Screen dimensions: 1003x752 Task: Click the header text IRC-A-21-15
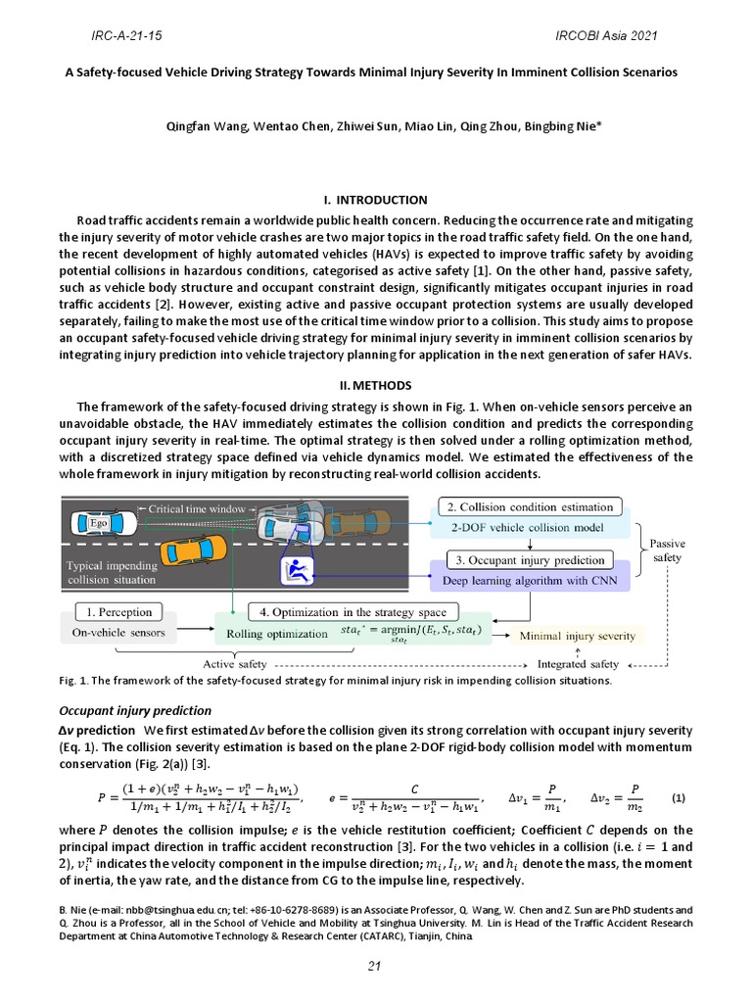[x=126, y=36]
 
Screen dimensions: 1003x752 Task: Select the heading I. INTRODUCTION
[x=376, y=200]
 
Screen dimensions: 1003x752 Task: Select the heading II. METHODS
[x=376, y=385]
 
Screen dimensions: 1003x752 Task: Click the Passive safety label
[x=668, y=549]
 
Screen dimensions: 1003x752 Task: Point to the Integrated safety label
[x=579, y=665]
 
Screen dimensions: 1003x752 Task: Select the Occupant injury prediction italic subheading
[x=135, y=710]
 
